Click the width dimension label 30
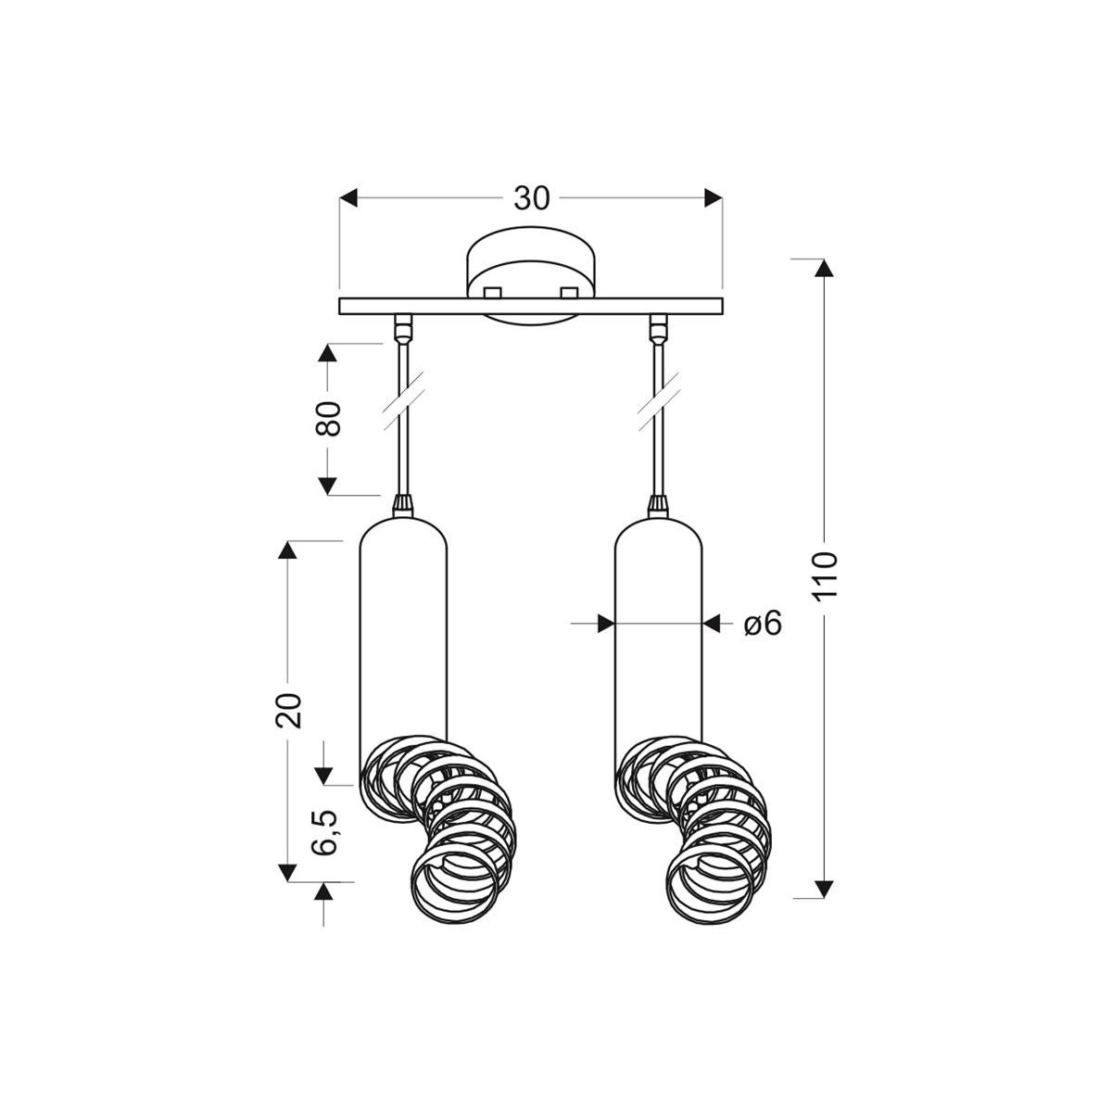(x=532, y=197)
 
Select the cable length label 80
(x=329, y=419)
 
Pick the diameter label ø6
(x=763, y=624)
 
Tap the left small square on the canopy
(x=492, y=292)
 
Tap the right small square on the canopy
(x=569, y=292)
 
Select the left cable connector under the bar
(x=403, y=326)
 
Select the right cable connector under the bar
(x=659, y=326)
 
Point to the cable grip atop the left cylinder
(x=403, y=505)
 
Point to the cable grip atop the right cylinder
(x=659, y=505)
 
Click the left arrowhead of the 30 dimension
(x=348, y=197)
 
